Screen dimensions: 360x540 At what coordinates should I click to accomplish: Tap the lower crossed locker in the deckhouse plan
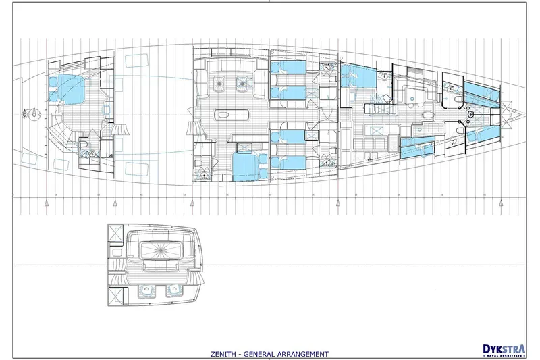coord(115,295)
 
